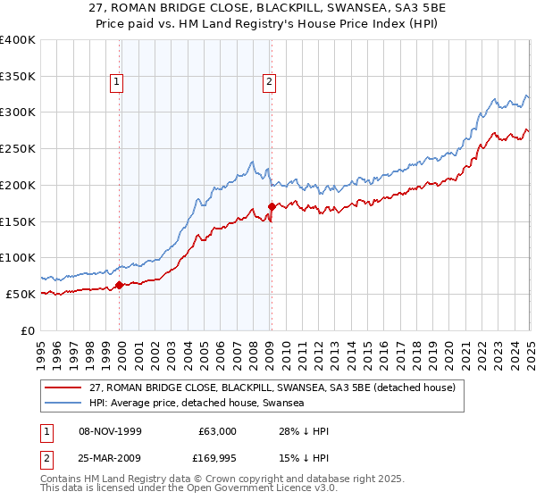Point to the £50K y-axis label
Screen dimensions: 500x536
[21, 294]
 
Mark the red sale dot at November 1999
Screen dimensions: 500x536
[120, 286]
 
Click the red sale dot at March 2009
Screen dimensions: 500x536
[272, 207]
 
